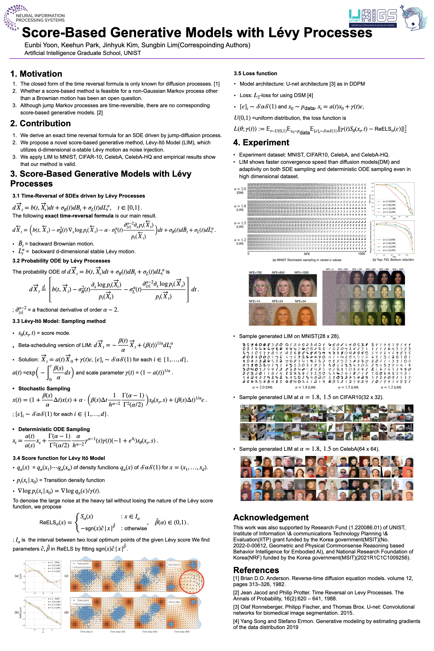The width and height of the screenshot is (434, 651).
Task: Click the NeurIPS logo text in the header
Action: pyautogui.click(x=40, y=18)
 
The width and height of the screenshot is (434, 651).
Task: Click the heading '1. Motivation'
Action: pyautogui.click(x=36, y=74)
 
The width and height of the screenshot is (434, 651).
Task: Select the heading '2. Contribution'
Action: pyautogui.click(x=40, y=124)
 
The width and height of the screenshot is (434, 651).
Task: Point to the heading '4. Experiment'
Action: pyautogui.click(x=261, y=143)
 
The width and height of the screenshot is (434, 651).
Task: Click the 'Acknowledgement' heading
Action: pyautogui.click(x=271, y=517)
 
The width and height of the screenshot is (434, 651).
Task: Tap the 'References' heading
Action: pyautogui.click(x=256, y=570)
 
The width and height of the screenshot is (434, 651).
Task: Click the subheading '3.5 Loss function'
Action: pyautogui.click(x=255, y=73)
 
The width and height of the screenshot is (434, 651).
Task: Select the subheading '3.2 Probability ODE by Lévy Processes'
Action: pyautogui.click(x=61, y=261)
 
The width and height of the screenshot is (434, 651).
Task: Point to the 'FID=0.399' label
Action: pyautogui.click(x=174, y=602)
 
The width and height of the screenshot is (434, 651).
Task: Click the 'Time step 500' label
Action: pyautogui.click(x=117, y=632)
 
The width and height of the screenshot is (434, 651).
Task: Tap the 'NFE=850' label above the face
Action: pyautogui.click(x=278, y=272)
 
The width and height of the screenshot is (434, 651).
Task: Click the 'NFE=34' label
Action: pyautogui.click(x=300, y=301)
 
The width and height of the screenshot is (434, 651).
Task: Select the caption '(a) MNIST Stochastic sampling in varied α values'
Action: pyautogui.click(x=307, y=260)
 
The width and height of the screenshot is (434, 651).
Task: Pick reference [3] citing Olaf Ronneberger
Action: pyautogui.click(x=323, y=610)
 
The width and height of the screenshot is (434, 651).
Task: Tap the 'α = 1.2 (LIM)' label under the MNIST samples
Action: pyautogui.click(x=391, y=387)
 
